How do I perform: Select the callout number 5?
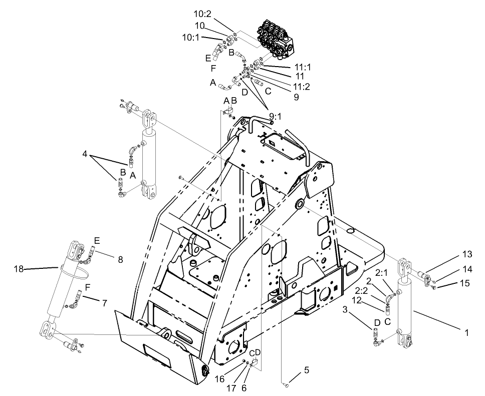[x=307, y=371]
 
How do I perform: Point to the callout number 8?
[x=120, y=259]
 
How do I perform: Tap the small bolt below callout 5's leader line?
[x=286, y=384]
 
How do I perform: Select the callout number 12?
[x=357, y=300]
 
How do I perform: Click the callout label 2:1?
[x=381, y=273]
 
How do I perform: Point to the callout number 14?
[x=467, y=269]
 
